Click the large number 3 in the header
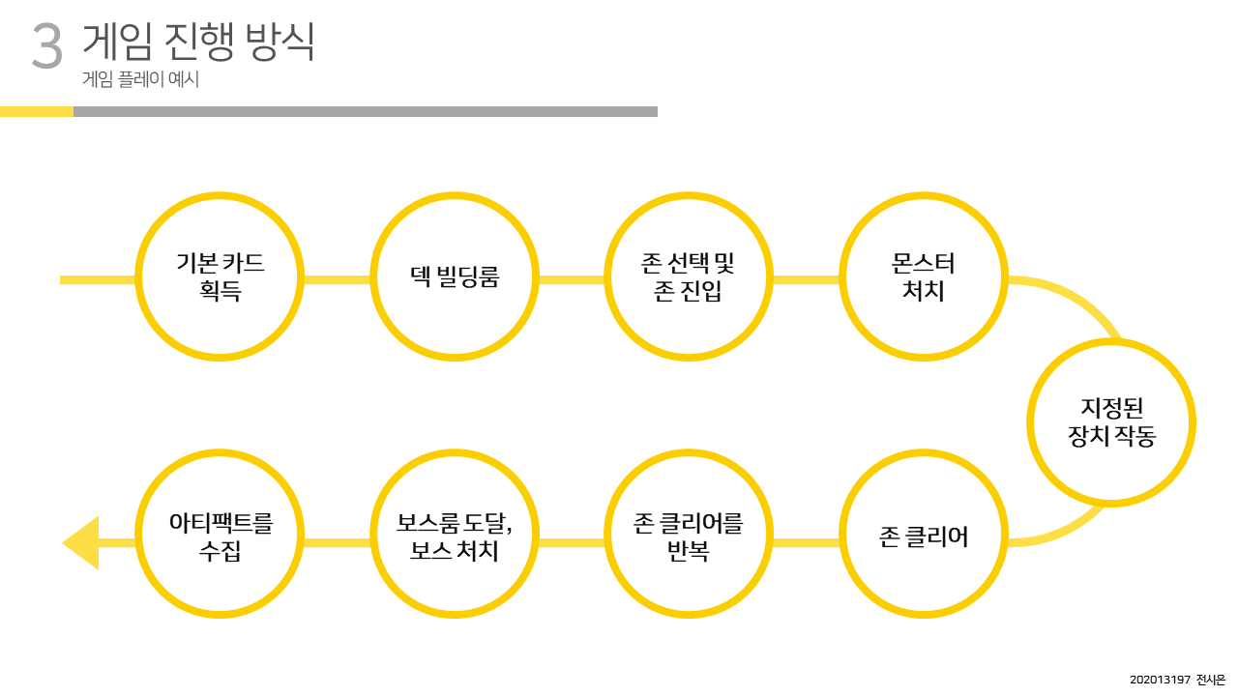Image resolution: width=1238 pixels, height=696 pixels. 46,45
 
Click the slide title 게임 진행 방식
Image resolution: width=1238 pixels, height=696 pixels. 198,42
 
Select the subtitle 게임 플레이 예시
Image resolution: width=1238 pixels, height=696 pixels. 141,81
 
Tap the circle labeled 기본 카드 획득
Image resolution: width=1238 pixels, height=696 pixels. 221,276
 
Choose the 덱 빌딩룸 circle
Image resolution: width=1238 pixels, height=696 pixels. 455,276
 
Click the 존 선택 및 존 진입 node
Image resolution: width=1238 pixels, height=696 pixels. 689,276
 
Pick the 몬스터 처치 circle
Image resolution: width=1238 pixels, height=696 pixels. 923,276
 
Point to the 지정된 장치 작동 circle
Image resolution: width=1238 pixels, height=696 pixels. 1111,422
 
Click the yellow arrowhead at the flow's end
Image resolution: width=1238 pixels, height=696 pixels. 83,542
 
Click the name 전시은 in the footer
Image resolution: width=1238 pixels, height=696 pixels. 1210,680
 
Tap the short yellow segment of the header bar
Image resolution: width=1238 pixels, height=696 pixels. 37,111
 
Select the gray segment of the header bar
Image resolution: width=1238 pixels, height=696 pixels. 366,111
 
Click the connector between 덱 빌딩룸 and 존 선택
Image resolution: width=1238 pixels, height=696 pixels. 572,280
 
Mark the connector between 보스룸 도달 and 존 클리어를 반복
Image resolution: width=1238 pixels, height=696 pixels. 572,542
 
